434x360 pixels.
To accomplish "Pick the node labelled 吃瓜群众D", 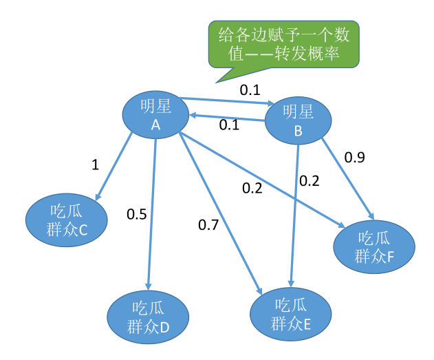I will (x=149, y=317).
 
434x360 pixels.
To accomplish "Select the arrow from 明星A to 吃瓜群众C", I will (x=113, y=168).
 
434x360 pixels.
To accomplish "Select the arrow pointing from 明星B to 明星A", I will (x=228, y=118).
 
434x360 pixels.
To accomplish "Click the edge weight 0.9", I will (x=355, y=158).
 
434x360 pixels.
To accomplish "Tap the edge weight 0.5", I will (x=137, y=214).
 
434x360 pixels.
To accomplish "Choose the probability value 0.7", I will (x=208, y=224).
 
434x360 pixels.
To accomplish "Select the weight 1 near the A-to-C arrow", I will (x=95, y=165).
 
